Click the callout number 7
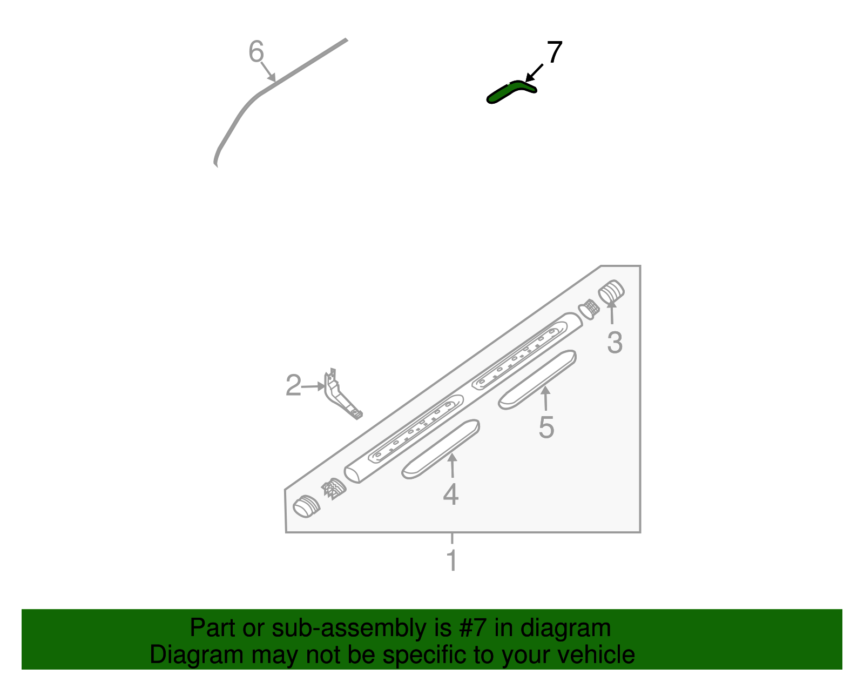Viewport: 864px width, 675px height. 555,52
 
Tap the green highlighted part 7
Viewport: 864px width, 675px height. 510,91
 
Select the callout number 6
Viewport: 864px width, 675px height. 256,52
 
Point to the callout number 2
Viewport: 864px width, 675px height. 293,386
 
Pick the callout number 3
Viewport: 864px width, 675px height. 615,343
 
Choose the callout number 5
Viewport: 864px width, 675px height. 546,427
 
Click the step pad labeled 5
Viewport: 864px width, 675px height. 537,379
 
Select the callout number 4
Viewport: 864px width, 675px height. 451,494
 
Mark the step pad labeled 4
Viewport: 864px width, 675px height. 441,449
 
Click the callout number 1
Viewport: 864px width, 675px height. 452,560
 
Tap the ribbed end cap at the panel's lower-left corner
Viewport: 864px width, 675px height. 306,506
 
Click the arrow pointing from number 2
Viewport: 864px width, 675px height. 313,386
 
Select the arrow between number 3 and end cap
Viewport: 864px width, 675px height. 612,312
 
